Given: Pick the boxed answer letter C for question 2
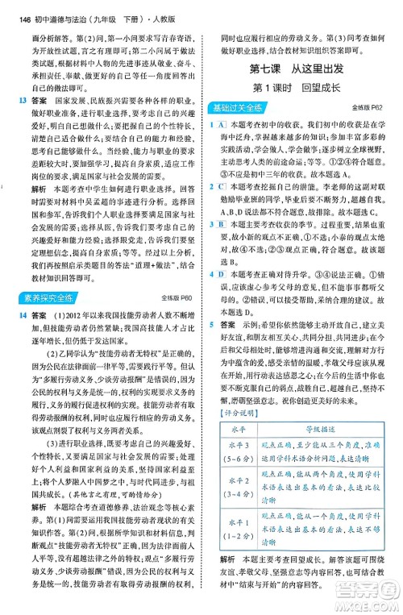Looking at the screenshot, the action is [x=219, y=186].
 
